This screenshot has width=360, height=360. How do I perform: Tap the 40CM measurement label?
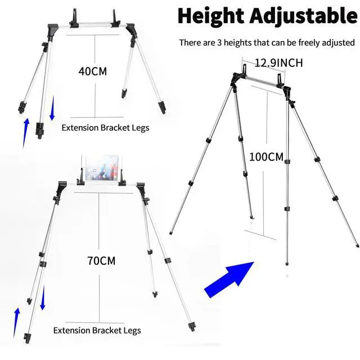click(93, 71)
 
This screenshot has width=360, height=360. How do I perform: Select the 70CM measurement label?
click(102, 260)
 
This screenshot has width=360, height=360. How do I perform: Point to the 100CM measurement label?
click(267, 157)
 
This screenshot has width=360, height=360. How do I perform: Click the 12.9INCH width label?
click(278, 63)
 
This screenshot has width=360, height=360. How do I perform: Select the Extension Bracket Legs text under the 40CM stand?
click(105, 128)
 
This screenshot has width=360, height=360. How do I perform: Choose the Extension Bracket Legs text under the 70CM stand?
click(97, 330)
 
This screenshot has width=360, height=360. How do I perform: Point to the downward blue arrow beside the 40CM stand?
click(52, 108)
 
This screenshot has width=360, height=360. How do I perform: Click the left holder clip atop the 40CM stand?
click(74, 18)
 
